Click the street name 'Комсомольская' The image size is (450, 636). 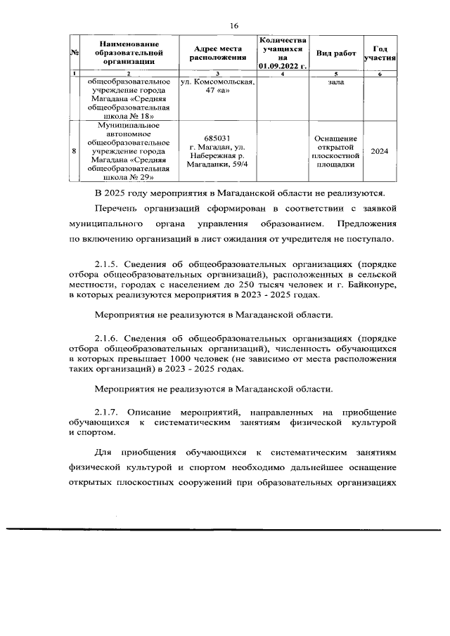(224, 82)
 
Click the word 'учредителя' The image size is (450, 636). (316, 239)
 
